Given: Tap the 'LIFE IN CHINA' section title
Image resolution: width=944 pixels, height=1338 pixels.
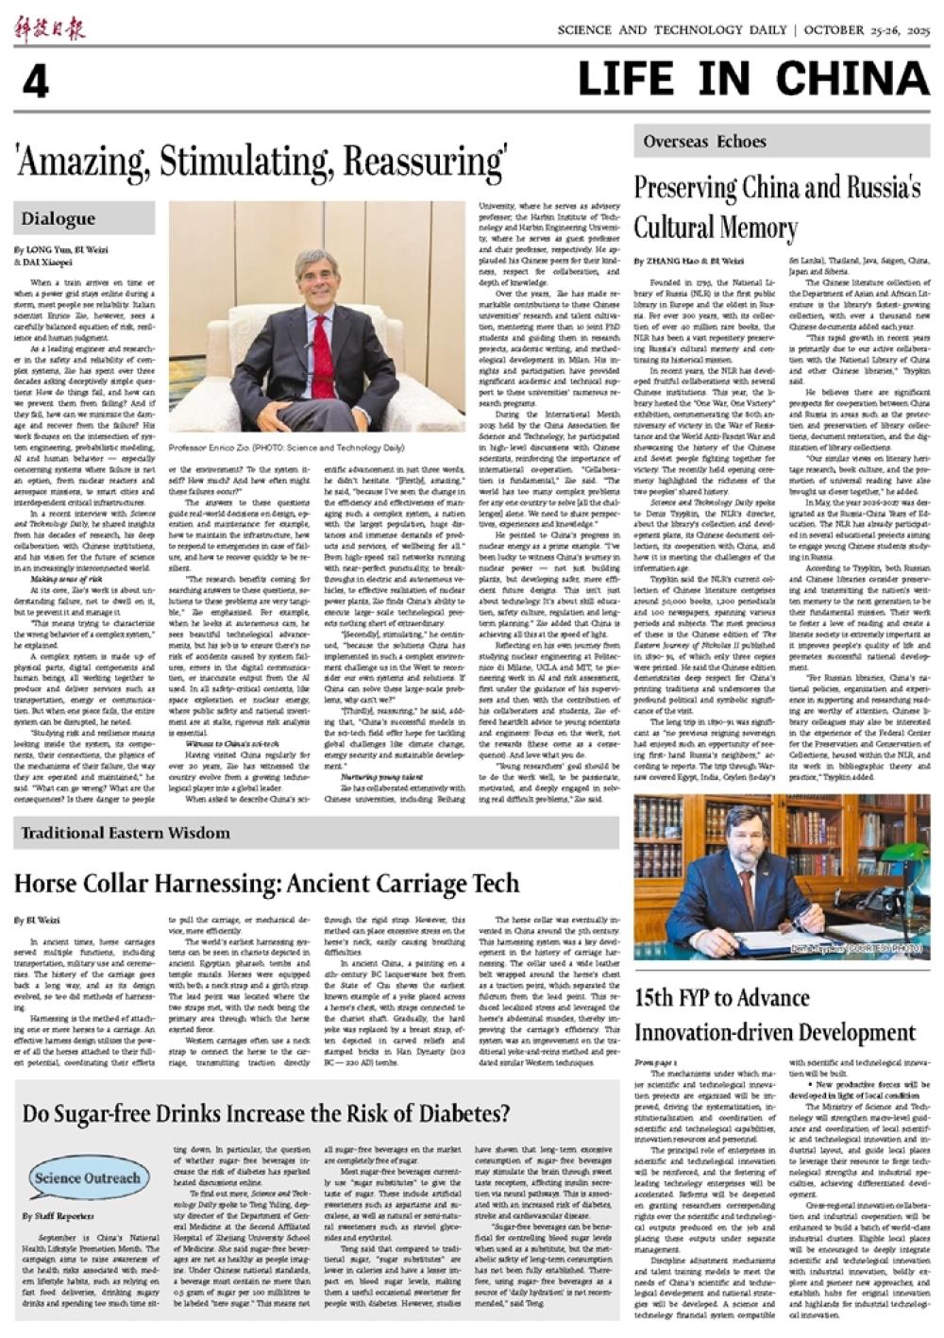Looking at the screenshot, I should tap(753, 79).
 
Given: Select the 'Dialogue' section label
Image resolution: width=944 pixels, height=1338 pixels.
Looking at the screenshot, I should tap(59, 219).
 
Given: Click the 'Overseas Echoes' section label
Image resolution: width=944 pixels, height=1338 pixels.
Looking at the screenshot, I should tap(705, 142).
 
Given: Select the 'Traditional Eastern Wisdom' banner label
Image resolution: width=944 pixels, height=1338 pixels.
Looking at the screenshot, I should tap(126, 833).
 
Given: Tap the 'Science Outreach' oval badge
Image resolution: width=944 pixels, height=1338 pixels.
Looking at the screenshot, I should tap(87, 1177).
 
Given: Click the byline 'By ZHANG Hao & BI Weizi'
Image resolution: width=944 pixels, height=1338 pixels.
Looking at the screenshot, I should tap(688, 260).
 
